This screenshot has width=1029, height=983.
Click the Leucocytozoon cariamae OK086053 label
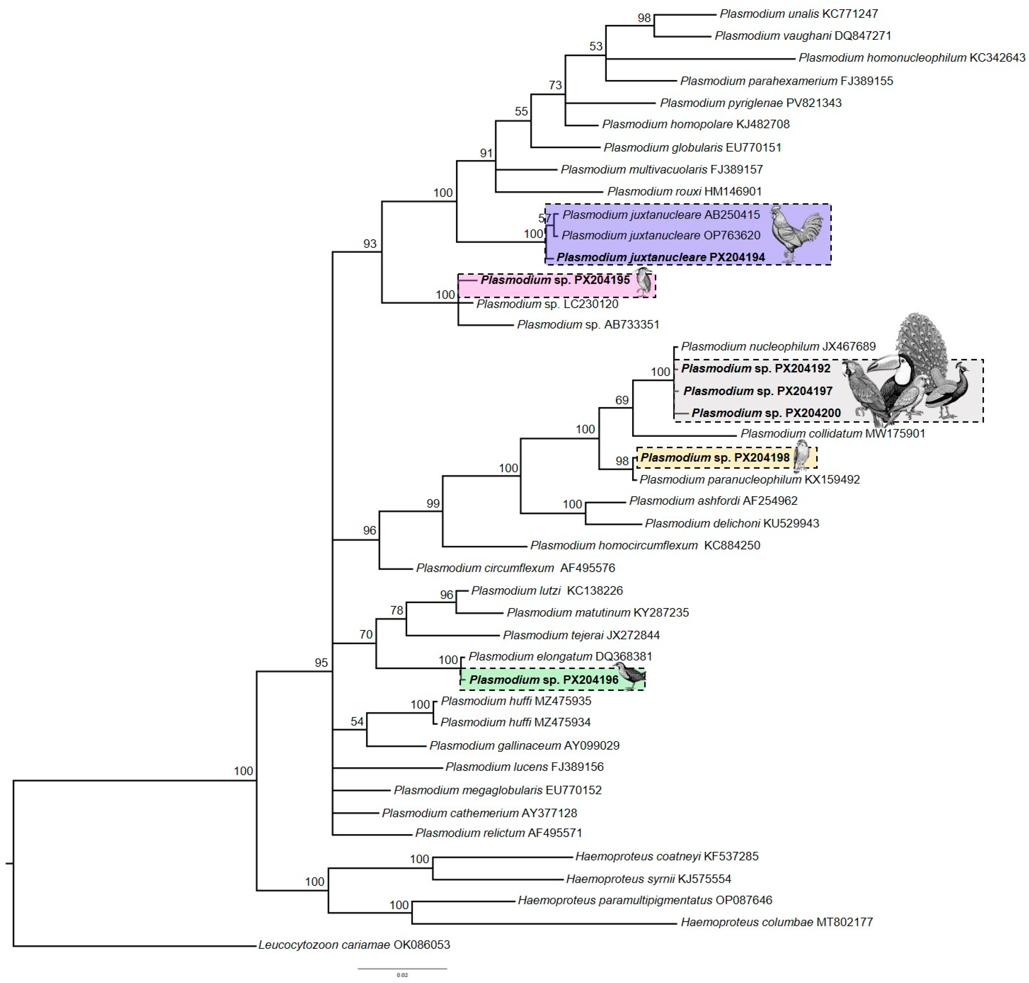click(x=354, y=945)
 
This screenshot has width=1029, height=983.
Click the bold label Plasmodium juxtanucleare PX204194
click(x=660, y=257)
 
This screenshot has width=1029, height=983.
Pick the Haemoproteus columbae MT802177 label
click(x=776, y=922)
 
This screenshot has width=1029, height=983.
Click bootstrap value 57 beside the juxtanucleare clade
click(x=544, y=218)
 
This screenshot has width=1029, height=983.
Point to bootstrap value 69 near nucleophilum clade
click(x=622, y=400)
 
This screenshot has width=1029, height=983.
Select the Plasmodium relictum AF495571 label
click(x=498, y=833)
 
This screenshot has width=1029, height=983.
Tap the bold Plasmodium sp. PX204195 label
click(x=555, y=280)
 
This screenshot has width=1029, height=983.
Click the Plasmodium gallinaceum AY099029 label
click(x=524, y=745)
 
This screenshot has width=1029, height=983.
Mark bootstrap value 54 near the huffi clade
click(x=357, y=721)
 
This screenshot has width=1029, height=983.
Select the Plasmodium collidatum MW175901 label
click(x=832, y=433)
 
